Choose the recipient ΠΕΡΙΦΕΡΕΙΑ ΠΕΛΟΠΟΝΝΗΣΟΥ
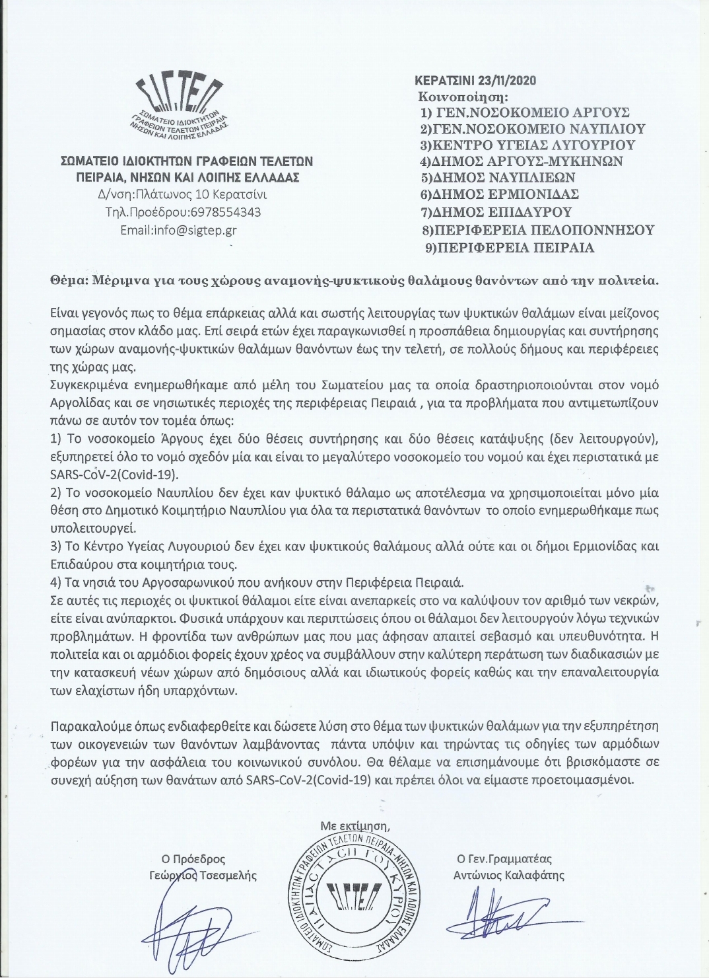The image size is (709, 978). pos(537,230)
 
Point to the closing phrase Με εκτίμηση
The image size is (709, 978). pos(351,825)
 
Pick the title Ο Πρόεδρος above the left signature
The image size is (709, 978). pos(198,859)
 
